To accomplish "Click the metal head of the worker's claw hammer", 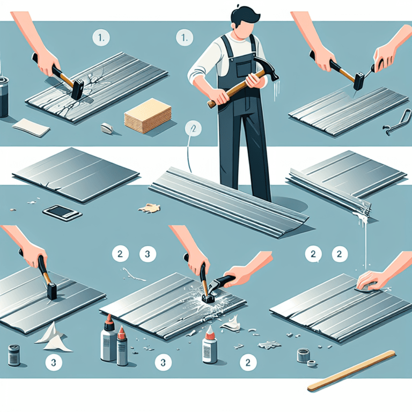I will click(x=268, y=69).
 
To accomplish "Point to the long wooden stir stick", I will click(x=352, y=370).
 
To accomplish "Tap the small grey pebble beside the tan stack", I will click(x=106, y=128).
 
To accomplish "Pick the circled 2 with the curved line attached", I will click(x=192, y=129).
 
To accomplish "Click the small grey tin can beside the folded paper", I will click(x=14, y=355).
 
